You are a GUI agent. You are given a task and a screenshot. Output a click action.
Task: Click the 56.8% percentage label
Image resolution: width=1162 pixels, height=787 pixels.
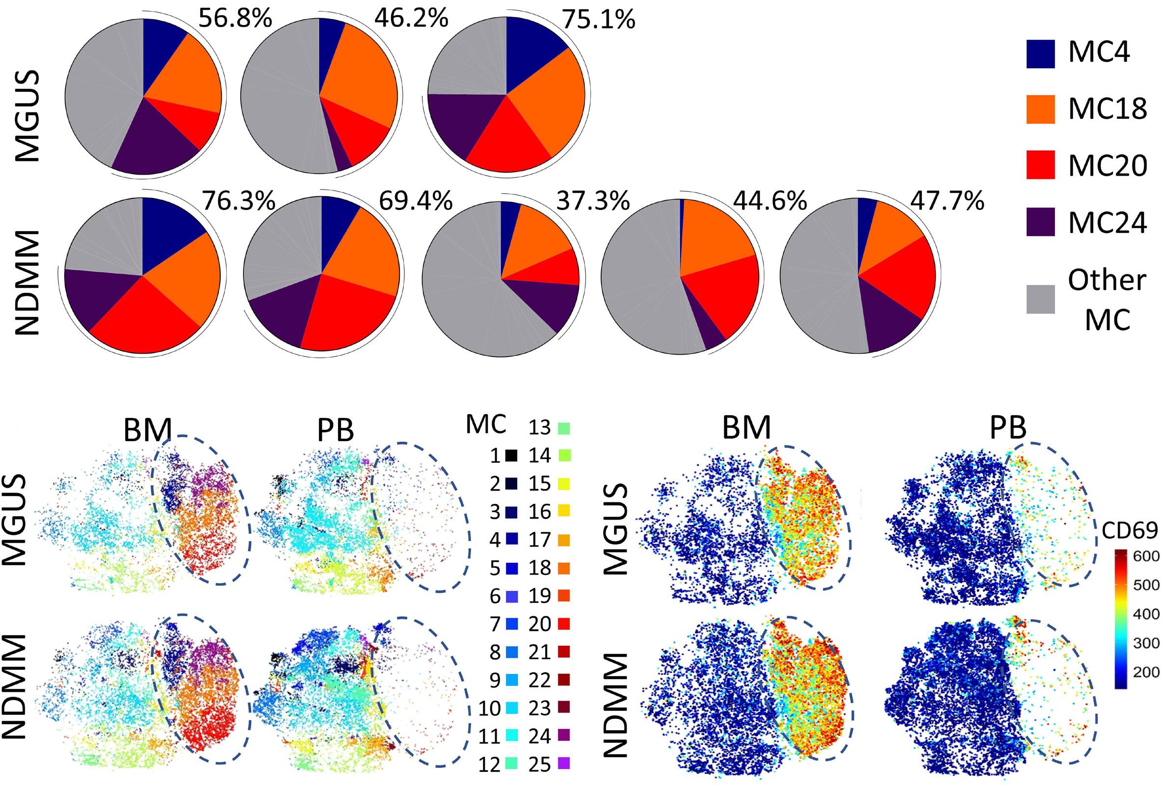[x=235, y=19]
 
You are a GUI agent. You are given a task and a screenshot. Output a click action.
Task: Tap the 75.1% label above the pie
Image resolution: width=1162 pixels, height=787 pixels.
[x=599, y=20]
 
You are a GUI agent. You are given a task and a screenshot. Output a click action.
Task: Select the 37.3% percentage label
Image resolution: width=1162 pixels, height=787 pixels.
[x=593, y=201]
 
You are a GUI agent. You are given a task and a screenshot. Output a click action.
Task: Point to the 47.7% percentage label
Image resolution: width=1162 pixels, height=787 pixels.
[x=947, y=201]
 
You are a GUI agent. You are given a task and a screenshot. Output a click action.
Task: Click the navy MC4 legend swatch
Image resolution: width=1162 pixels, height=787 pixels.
[x=1040, y=53]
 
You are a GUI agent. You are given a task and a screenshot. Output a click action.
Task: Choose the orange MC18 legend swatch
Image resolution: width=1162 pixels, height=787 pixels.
[x=1040, y=109]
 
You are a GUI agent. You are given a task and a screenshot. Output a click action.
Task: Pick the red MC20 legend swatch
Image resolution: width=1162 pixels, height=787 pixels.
[x=1040, y=164]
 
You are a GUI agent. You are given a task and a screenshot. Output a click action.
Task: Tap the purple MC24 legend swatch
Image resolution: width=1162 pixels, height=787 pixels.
[x=1040, y=221]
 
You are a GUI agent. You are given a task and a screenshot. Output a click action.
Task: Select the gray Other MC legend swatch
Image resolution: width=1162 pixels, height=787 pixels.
[x=1040, y=299]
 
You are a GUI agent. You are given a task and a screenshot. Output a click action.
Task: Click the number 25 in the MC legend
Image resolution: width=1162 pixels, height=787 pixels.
[x=539, y=764]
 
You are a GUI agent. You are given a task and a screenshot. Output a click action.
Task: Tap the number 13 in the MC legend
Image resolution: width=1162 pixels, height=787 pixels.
[x=539, y=427]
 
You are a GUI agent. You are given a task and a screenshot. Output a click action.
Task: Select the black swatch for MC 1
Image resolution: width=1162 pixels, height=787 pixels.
[x=511, y=455]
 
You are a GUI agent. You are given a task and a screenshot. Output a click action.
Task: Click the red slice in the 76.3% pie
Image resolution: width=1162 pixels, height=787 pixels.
[x=145, y=315]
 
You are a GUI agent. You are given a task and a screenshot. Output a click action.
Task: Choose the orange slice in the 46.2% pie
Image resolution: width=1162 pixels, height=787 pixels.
[x=360, y=75]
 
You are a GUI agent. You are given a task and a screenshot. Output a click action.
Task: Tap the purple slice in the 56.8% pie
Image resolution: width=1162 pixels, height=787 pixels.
[x=155, y=145]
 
